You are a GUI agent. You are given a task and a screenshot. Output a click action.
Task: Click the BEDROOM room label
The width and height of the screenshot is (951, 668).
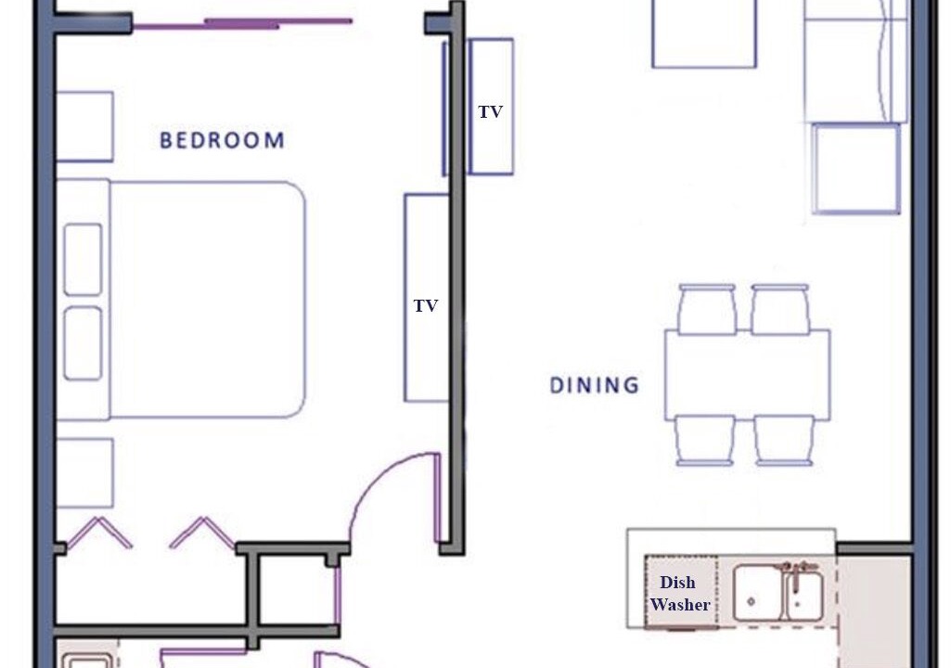tap(222, 140)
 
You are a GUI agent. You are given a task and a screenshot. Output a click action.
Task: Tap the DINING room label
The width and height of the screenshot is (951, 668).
tap(595, 385)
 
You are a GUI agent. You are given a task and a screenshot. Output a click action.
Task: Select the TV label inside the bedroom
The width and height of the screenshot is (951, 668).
tap(426, 306)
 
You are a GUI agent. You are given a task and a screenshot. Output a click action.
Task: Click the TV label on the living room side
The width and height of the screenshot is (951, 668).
tap(491, 111)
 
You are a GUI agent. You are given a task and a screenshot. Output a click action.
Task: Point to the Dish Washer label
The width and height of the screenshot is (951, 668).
tap(680, 594)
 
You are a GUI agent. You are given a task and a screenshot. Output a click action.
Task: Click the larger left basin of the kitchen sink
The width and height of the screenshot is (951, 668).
tap(757, 593)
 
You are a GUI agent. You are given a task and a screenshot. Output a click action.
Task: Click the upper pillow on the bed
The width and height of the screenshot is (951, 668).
tap(84, 260)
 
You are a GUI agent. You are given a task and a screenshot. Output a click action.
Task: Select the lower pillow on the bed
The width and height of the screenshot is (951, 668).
tap(84, 343)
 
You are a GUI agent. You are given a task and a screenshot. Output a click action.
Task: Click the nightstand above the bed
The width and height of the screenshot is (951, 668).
tap(84, 127)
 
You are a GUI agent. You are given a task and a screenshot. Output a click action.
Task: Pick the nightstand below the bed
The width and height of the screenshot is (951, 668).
tap(84, 472)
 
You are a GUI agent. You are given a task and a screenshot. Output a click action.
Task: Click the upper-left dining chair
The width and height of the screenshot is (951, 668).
tap(707, 310)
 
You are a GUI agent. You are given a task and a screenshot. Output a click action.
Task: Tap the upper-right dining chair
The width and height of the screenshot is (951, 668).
tap(780, 310)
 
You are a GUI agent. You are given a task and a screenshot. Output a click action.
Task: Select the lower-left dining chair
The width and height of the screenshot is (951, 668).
tap(705, 441)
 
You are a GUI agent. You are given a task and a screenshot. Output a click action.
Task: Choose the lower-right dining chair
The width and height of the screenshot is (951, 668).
tap(784, 441)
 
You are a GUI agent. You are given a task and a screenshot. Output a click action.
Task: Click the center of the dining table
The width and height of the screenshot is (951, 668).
tap(747, 375)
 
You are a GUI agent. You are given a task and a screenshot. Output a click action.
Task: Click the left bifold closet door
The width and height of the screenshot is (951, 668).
tap(97, 533)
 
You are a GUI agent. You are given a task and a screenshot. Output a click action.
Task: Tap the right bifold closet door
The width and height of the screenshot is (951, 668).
tap(202, 533)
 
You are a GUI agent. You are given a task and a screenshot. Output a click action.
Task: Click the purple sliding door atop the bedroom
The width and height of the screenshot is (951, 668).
tap(242, 24)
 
